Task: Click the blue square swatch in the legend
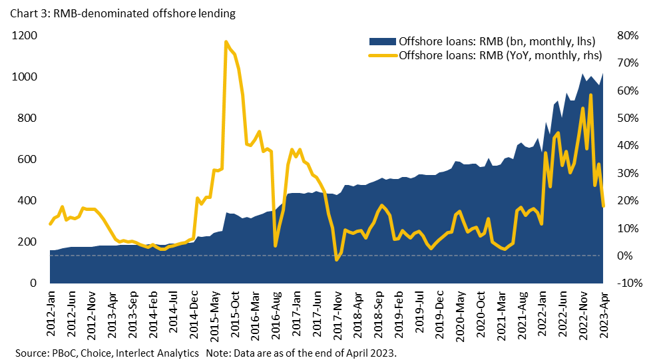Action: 383,41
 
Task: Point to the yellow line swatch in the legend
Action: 383,55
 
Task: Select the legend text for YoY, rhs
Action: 500,55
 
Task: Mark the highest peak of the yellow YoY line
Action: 226,42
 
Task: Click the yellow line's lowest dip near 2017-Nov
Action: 337,260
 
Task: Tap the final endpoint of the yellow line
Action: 604,206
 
